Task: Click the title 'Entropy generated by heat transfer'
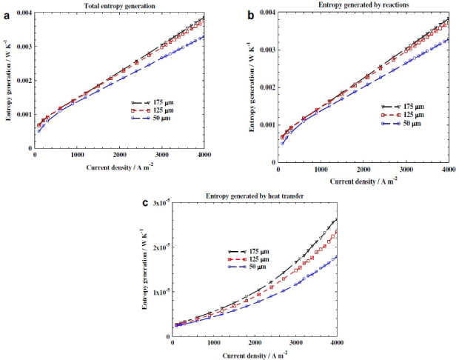[x=253, y=196]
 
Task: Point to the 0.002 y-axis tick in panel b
[x=266, y=87]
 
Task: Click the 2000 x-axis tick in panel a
[x=118, y=157]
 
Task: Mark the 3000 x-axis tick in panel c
[x=295, y=343]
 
